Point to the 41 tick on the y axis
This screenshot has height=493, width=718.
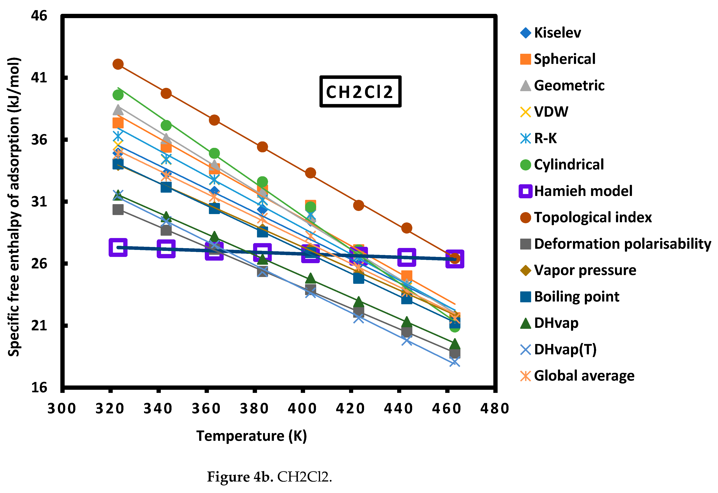pyautogui.click(x=39, y=77)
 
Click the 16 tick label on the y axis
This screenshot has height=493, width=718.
pyautogui.click(x=39, y=387)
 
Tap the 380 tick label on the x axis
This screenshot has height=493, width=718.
pyautogui.click(x=254, y=409)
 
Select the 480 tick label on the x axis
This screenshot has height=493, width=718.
pyautogui.click(x=494, y=409)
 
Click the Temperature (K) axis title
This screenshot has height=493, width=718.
pyautogui.click(x=252, y=436)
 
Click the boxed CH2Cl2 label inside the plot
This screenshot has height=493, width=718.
pyautogui.click(x=360, y=92)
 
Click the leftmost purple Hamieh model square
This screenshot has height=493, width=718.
pyautogui.click(x=118, y=247)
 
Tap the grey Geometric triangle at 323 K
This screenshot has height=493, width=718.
pyautogui.click(x=118, y=110)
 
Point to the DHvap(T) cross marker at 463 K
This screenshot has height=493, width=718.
pyautogui.click(x=454, y=362)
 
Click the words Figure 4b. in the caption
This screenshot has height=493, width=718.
pyautogui.click(x=240, y=477)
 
